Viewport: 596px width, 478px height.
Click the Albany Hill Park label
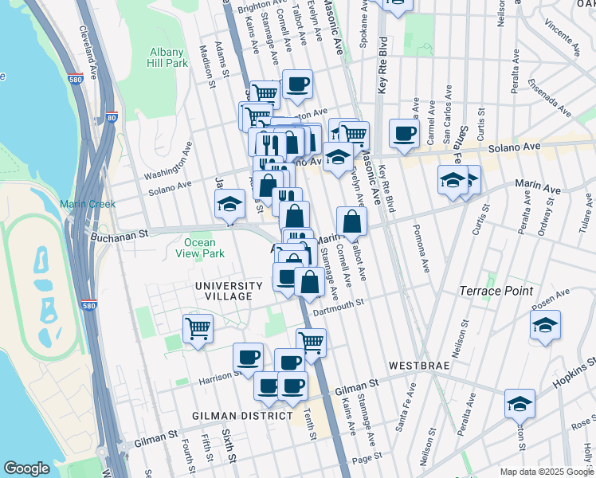tap(168, 57)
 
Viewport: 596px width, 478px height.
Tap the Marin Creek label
tap(88, 204)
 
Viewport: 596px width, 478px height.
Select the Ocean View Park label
tap(199, 248)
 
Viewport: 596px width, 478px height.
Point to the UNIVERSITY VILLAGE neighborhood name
tap(229, 291)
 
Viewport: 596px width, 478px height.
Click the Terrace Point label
tap(496, 291)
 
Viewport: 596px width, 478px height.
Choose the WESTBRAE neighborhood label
tap(419, 365)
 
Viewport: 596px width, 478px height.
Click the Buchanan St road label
tap(120, 235)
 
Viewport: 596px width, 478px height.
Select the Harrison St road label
tap(222, 375)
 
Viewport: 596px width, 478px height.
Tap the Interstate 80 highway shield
tap(111, 117)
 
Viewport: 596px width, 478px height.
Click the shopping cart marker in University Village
tap(198, 327)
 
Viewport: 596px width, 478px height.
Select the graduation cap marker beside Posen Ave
tap(545, 324)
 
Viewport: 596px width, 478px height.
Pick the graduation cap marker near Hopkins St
tap(520, 402)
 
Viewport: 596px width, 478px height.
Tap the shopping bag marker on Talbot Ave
tap(351, 221)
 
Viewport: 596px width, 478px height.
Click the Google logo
tap(27, 468)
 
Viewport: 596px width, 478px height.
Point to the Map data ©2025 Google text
tap(546, 472)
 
